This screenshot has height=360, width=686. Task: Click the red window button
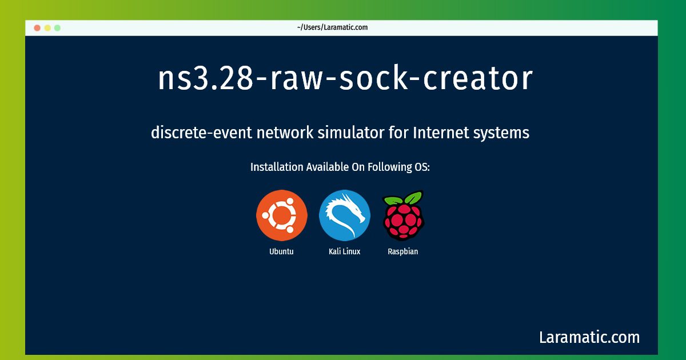37,28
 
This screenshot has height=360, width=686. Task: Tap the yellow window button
47,28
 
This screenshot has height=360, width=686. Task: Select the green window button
57,28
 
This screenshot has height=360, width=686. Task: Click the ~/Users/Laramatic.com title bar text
332,27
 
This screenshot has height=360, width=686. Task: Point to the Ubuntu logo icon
282,215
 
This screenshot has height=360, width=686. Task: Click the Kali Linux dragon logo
345,215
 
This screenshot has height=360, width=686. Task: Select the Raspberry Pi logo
404,215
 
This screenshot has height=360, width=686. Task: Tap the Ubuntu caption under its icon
281,251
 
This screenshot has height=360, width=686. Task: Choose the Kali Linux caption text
345,251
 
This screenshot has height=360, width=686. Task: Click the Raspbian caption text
402,251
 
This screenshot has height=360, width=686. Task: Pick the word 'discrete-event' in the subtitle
201,133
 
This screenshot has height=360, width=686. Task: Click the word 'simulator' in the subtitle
350,133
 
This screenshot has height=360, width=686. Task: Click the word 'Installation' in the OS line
277,167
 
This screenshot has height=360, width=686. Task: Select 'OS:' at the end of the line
422,167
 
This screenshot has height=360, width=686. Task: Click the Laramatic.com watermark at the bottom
589,337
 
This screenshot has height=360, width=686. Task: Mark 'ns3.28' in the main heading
206,78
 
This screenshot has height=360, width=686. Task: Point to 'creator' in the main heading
478,78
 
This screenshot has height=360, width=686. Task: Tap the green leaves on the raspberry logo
404,198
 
